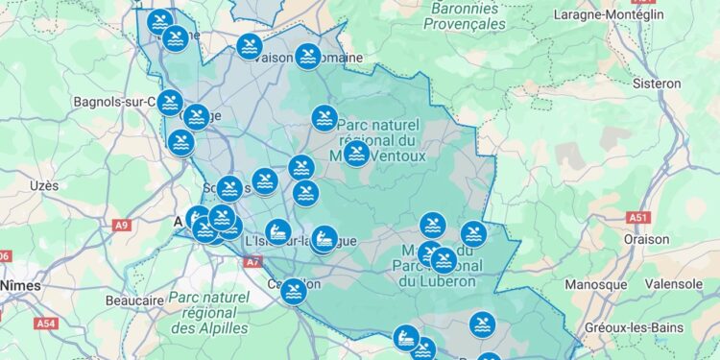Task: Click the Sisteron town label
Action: pos(657,83)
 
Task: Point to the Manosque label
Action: pos(595,285)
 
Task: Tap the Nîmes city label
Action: pos(20,285)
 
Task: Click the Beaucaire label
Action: pos(134,300)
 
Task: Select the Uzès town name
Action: pos(44,184)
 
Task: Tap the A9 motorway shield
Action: pos(121,226)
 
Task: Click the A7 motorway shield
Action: pos(252,261)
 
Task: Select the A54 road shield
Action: pos(46,324)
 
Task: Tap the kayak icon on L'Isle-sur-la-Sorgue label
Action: pos(278,231)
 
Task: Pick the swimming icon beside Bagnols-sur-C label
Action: pos(170,102)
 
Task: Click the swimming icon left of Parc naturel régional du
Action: pos(324,119)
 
